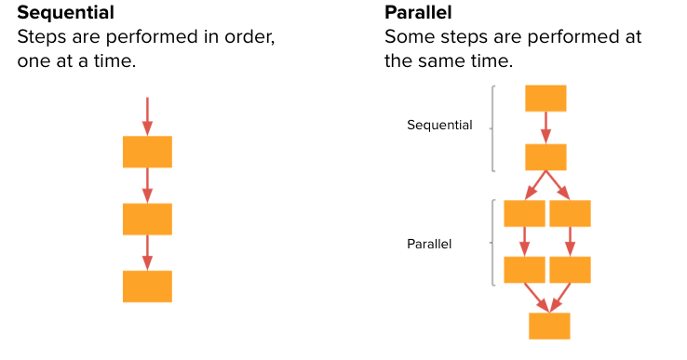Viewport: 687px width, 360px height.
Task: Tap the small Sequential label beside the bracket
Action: [439, 125]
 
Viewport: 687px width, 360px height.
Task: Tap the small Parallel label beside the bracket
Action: [429, 244]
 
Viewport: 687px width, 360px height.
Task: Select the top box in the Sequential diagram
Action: [147, 152]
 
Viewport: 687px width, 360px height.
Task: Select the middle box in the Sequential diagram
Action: [147, 219]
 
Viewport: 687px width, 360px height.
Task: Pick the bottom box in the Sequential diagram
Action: [147, 286]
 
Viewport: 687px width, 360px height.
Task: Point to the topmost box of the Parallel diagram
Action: [546, 99]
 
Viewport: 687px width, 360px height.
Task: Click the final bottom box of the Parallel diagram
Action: [549, 326]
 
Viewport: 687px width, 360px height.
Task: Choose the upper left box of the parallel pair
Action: [524, 213]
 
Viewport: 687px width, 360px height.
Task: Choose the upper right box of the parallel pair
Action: [570, 213]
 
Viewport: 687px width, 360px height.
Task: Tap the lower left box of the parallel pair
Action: [524, 270]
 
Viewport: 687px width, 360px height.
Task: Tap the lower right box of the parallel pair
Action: [570, 270]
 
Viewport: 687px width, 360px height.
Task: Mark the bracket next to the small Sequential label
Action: [492, 128]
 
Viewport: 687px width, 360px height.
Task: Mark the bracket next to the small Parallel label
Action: [492, 243]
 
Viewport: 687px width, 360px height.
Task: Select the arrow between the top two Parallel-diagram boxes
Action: [546, 128]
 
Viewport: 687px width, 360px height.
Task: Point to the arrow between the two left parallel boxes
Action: [524, 241]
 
